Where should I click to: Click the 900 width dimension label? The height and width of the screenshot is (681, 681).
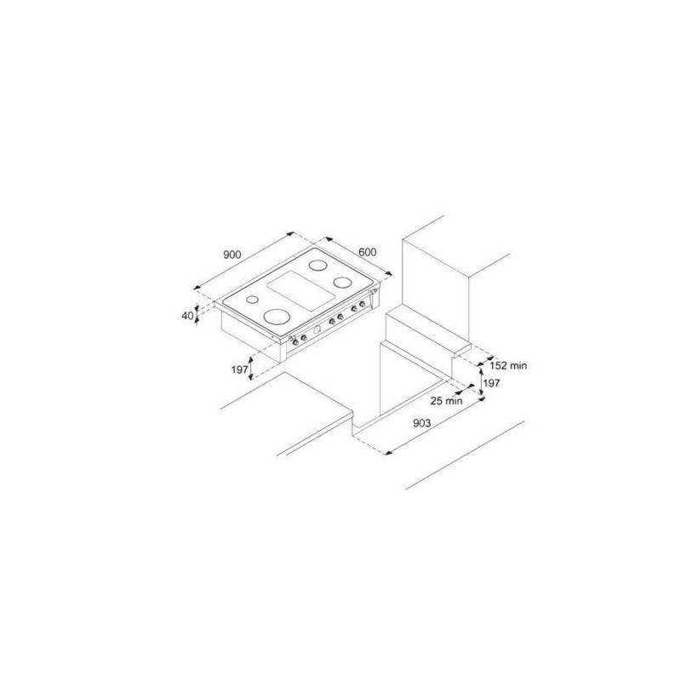click(233, 254)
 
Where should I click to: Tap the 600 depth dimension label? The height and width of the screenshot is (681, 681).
click(368, 252)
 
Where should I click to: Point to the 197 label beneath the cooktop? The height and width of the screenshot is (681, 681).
click(239, 369)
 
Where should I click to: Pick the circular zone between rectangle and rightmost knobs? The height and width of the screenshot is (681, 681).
click(343, 282)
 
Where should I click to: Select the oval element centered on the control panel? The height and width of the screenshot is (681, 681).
click(318, 327)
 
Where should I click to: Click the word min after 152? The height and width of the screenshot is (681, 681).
click(519, 364)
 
